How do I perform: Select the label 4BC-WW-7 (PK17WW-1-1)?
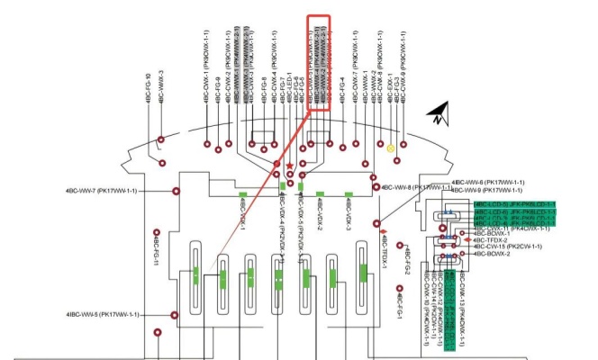pyautogui.click(x=101, y=191)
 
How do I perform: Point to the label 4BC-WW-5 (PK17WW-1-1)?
pyautogui.click(x=102, y=314)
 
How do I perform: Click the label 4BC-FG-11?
pyautogui.click(x=155, y=252)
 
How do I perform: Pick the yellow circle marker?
pyautogui.click(x=391, y=148)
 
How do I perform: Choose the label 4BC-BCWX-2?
pyautogui.click(x=491, y=254)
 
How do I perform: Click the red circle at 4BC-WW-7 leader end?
pyautogui.click(x=175, y=191)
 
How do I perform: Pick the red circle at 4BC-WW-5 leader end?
pyautogui.click(x=175, y=314)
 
